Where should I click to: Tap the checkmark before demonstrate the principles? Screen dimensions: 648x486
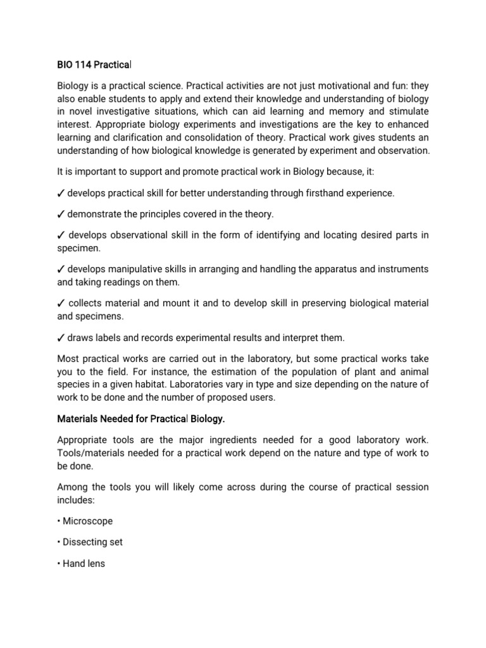(x=61, y=214)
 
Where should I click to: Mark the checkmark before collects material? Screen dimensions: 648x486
(x=61, y=304)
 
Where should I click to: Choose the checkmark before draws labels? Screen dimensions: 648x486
(x=61, y=337)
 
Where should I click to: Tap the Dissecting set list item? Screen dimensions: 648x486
(x=92, y=542)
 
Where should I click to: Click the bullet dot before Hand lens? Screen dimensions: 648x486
(x=59, y=563)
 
